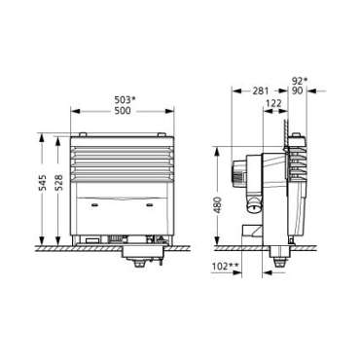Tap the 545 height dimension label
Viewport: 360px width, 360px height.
pyautogui.click(x=42, y=188)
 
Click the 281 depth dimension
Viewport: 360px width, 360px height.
pyautogui.click(x=261, y=92)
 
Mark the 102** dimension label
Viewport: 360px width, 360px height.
pyautogui.click(x=226, y=265)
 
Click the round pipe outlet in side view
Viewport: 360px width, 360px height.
pyautogui.click(x=255, y=205)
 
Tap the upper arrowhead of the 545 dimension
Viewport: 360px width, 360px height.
pyautogui.click(x=43, y=137)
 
